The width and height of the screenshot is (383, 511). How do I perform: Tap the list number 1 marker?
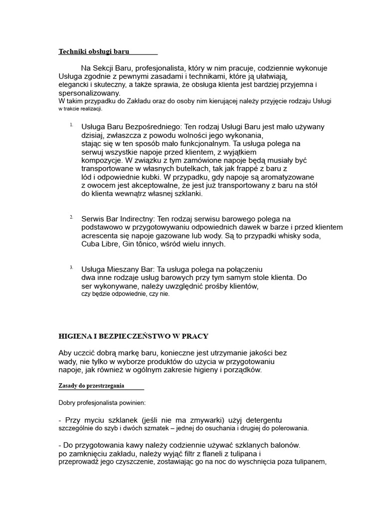72,124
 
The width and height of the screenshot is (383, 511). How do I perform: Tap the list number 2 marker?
72,217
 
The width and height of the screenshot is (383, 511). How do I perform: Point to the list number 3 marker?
72,267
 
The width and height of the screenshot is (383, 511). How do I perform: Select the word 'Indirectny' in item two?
135,219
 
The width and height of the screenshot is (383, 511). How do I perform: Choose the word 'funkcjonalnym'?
178,143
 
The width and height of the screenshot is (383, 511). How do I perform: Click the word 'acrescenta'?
100,236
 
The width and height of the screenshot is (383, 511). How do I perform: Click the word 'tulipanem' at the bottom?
309,462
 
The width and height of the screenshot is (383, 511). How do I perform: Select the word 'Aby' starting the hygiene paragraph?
65,353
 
